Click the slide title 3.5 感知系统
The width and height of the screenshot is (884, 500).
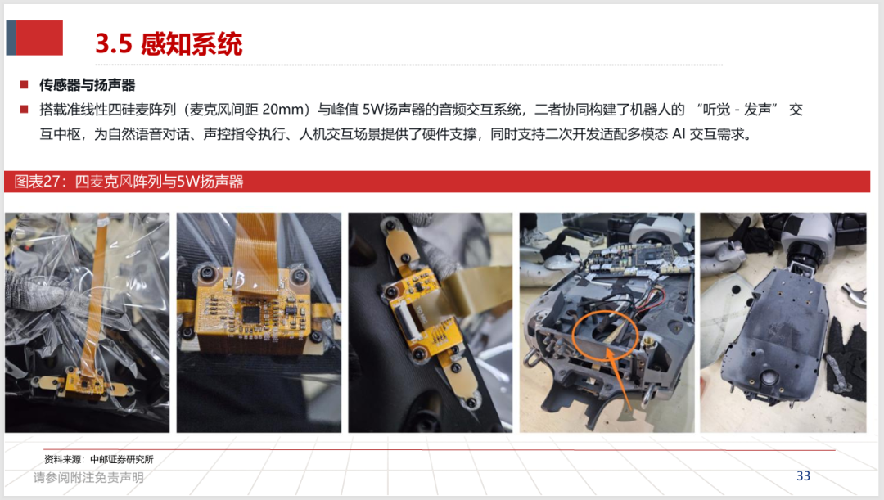169,43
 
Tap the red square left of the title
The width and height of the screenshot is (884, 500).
39,38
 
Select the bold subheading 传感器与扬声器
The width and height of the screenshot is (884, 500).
88,85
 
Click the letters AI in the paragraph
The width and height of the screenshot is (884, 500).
679,134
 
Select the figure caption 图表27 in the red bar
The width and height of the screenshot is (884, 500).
37,182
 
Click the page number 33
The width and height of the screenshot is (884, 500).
803,475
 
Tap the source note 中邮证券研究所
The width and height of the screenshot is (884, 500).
122,459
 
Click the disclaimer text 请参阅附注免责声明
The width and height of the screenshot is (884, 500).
88,477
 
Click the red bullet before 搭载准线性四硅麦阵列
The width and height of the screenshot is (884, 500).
24,110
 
